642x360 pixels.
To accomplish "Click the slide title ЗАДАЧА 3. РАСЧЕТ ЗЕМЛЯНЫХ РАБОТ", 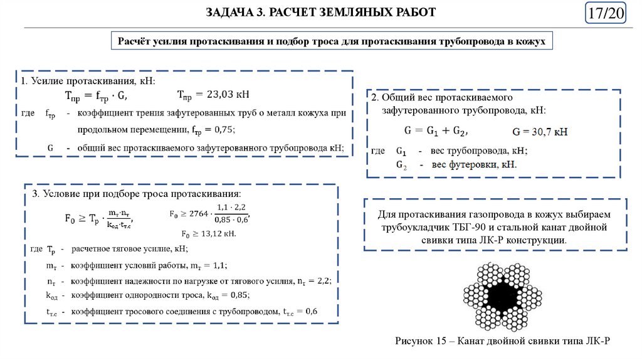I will [x=320, y=13].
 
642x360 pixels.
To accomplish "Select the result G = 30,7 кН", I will [x=539, y=132].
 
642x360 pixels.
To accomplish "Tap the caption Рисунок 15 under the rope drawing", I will [x=418, y=341].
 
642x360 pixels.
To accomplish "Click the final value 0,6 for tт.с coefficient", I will [x=311, y=311].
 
